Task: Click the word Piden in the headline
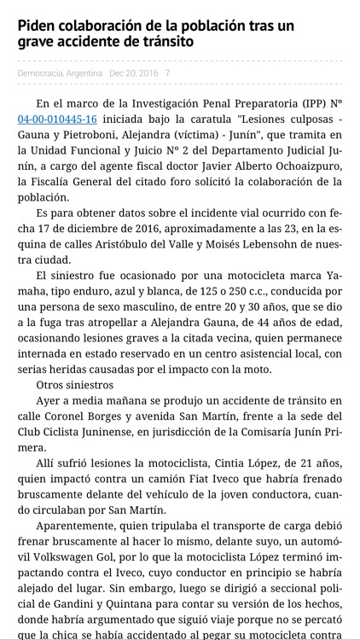(x=38, y=25)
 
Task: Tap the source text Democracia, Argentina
(x=60, y=73)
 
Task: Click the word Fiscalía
(x=55, y=182)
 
